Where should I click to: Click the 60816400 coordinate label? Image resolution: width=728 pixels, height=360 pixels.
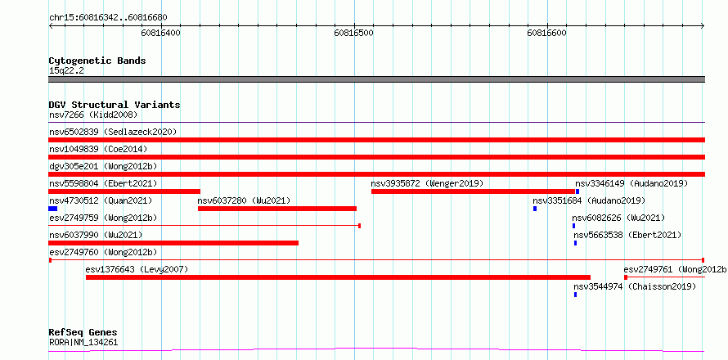pos(161,33)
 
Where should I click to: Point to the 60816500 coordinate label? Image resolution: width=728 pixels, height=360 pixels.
pos(354,33)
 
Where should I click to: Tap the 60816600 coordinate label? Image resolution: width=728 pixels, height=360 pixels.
pos(547,33)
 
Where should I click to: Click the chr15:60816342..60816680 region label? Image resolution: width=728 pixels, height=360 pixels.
pos(108,18)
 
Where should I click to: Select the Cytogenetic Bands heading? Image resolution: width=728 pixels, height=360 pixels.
pos(97,61)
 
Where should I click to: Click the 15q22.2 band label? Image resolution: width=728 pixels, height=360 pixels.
pos(66,71)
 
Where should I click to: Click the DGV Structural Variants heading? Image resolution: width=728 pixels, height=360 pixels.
pos(115,105)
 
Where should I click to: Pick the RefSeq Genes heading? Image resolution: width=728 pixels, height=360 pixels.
pos(83,333)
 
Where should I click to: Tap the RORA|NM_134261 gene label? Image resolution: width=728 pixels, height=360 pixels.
pos(83,343)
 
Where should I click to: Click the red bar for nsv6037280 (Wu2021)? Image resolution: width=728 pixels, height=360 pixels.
pos(277,209)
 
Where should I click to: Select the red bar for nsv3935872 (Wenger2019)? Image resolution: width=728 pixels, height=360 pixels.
pos(473,191)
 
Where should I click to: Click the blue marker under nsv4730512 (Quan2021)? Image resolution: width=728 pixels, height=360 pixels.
pos(53,209)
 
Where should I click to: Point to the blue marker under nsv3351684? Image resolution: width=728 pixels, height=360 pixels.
pos(535,209)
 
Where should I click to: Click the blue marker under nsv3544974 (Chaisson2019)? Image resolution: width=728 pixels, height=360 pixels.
pos(575,295)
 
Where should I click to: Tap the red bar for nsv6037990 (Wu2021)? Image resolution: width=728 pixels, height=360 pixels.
pos(173,243)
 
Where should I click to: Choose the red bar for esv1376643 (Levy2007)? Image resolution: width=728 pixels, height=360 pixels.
pos(338,277)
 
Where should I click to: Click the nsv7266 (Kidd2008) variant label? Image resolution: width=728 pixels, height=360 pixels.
pos(93,115)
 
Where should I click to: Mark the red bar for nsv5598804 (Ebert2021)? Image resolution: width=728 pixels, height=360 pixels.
pos(124,191)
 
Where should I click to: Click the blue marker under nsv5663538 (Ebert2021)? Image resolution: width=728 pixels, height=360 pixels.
pos(575,243)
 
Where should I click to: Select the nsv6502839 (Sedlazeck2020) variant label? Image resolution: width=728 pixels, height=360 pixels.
pos(113,132)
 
